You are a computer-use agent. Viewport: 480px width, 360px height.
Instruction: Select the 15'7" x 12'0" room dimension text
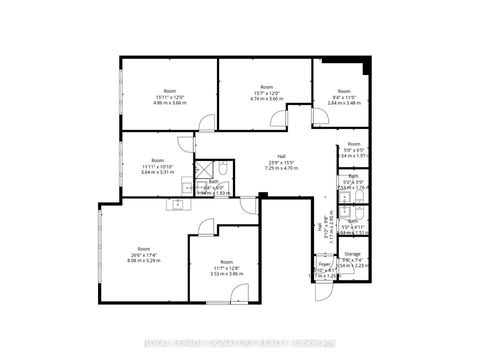click(265, 96)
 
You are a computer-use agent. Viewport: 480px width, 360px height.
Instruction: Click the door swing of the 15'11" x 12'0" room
click(206, 123)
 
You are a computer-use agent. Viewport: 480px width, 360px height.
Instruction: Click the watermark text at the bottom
click(240, 346)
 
